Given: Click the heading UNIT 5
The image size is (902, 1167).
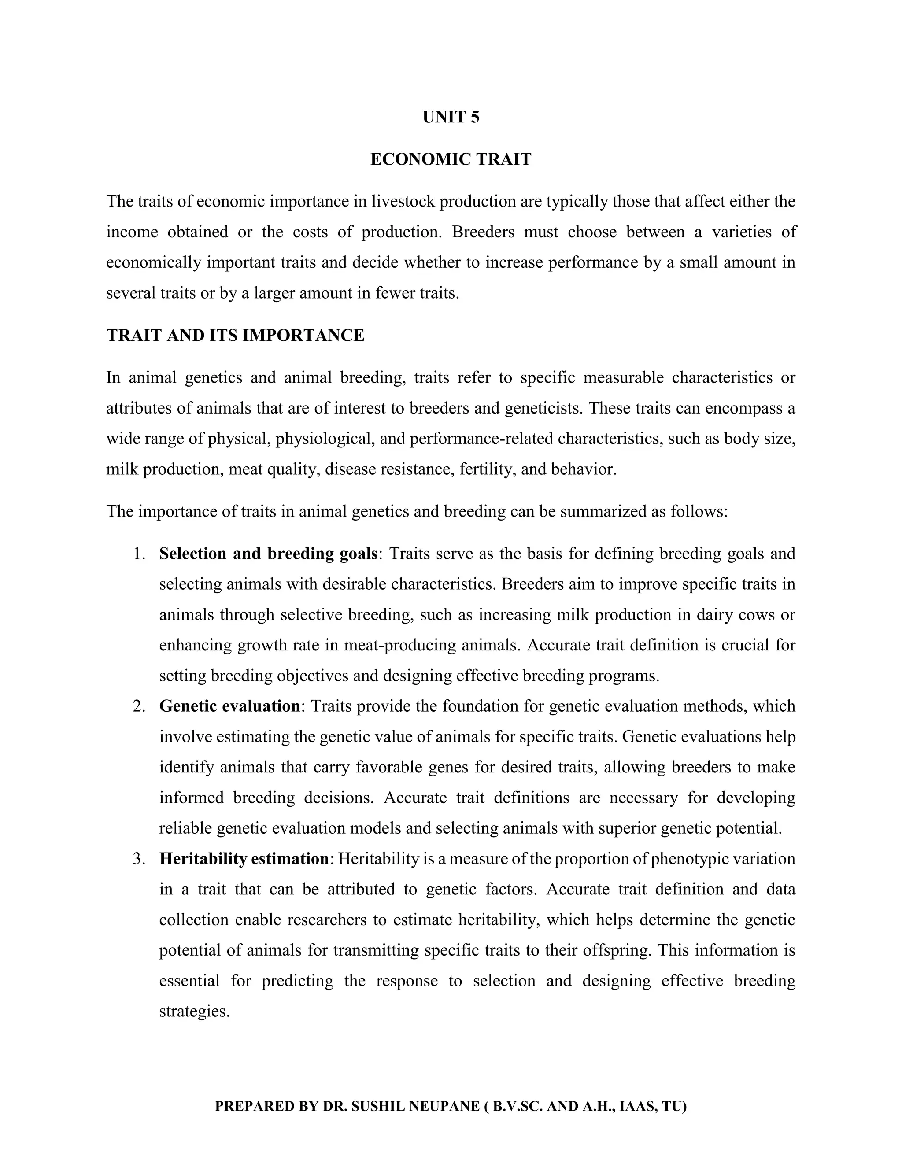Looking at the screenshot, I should tap(451, 117).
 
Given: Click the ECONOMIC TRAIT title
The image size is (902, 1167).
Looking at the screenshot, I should tap(451, 159).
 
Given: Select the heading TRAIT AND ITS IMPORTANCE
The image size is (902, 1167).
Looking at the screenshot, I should tap(235, 336).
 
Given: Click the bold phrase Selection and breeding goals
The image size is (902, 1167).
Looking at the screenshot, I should tap(268, 554).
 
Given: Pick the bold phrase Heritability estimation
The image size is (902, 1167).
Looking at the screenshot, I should tap(244, 859).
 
